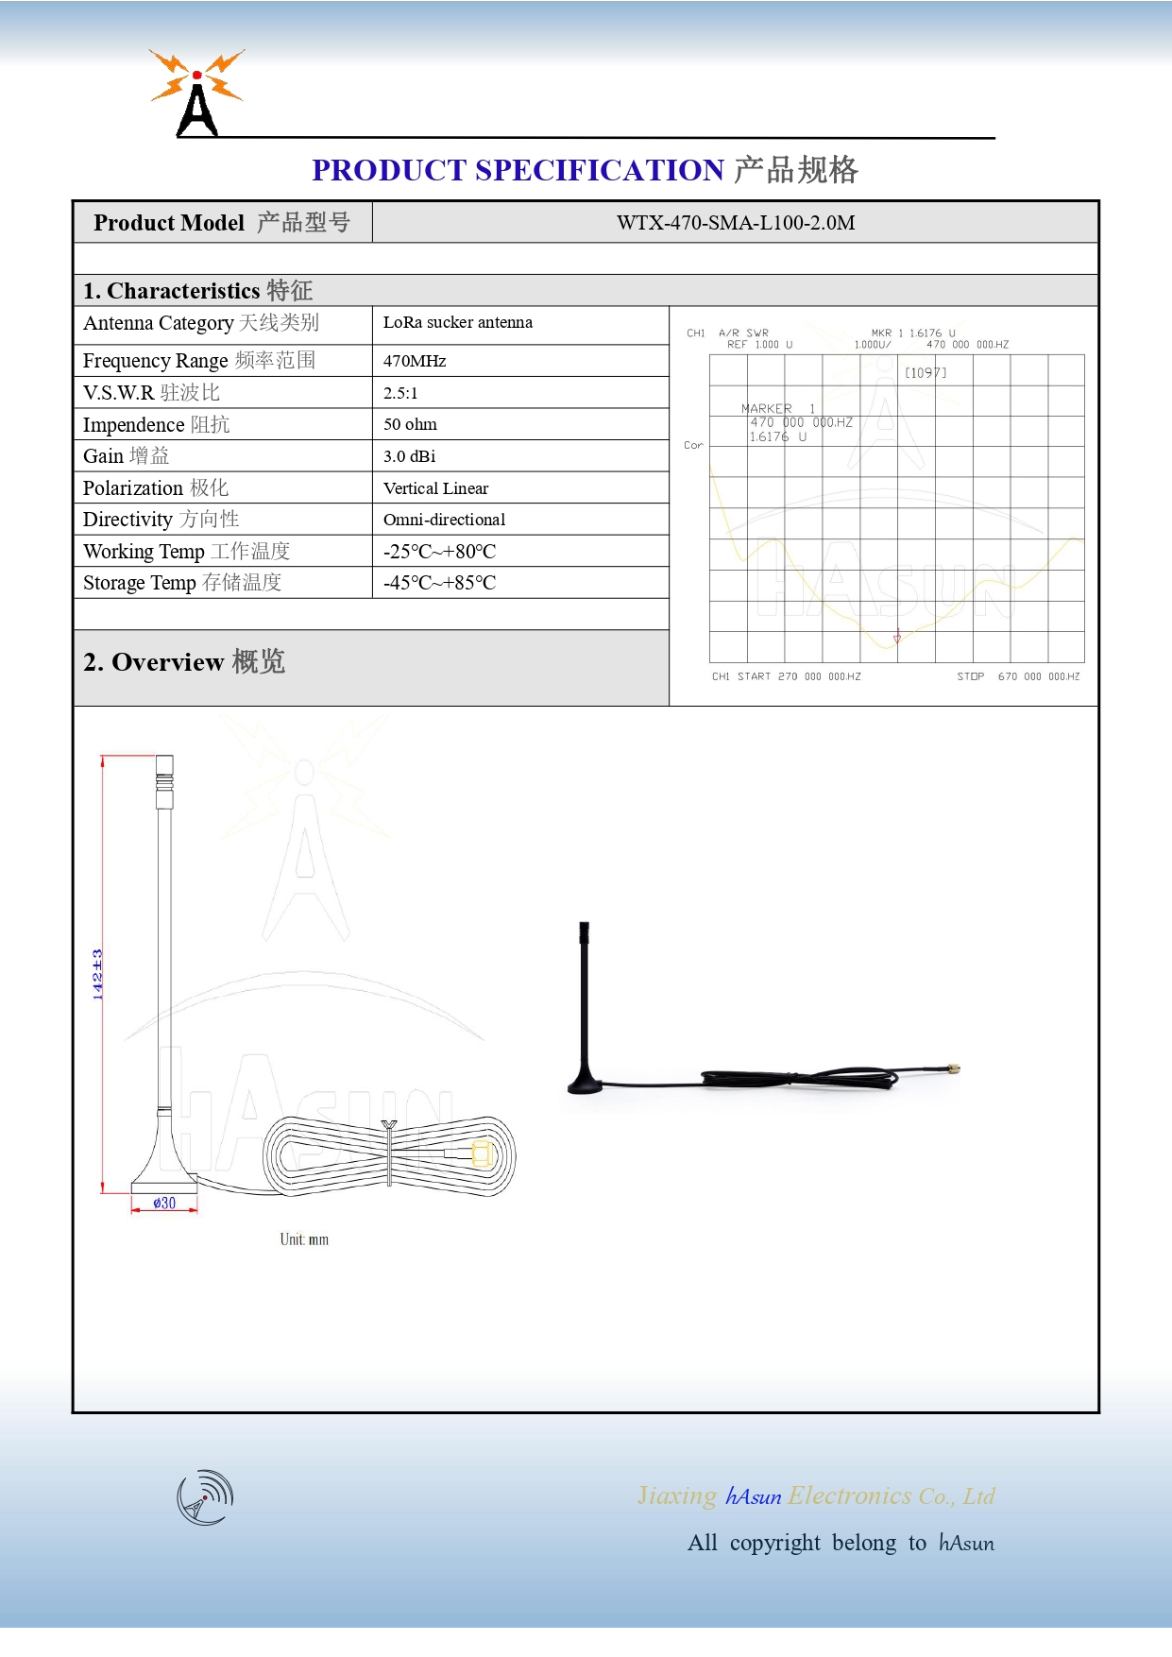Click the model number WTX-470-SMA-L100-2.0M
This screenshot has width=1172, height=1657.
(735, 223)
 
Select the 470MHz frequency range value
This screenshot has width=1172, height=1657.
(415, 361)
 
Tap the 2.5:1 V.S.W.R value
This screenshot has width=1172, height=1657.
(400, 393)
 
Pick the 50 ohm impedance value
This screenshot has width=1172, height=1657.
(410, 424)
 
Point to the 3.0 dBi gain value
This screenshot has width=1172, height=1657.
(409, 456)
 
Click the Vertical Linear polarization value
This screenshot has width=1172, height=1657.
(435, 488)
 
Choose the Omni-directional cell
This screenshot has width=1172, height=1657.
(444, 520)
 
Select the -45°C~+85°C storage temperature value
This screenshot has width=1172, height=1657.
(439, 583)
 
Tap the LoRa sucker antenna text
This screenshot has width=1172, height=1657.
(457, 322)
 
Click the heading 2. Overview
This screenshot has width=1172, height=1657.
(183, 662)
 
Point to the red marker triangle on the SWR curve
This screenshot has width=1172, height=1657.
(897, 638)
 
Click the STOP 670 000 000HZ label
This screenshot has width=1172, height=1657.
(1018, 676)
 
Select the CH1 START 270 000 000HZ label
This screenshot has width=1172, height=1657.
(786, 676)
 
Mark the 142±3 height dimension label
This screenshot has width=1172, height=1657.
(97, 974)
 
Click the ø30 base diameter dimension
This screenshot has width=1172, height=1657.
(164, 1203)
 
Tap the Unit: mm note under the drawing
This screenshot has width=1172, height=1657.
(304, 1239)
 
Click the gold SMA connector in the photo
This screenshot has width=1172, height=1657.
(953, 1069)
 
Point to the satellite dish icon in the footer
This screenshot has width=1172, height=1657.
(205, 1497)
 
